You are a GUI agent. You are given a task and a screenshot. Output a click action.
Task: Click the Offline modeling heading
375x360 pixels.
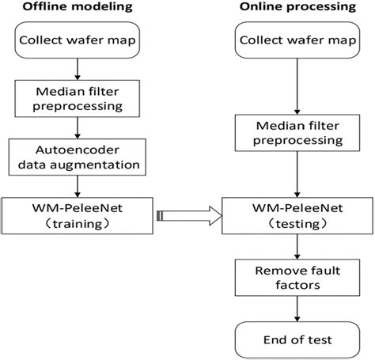pos(75,9)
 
